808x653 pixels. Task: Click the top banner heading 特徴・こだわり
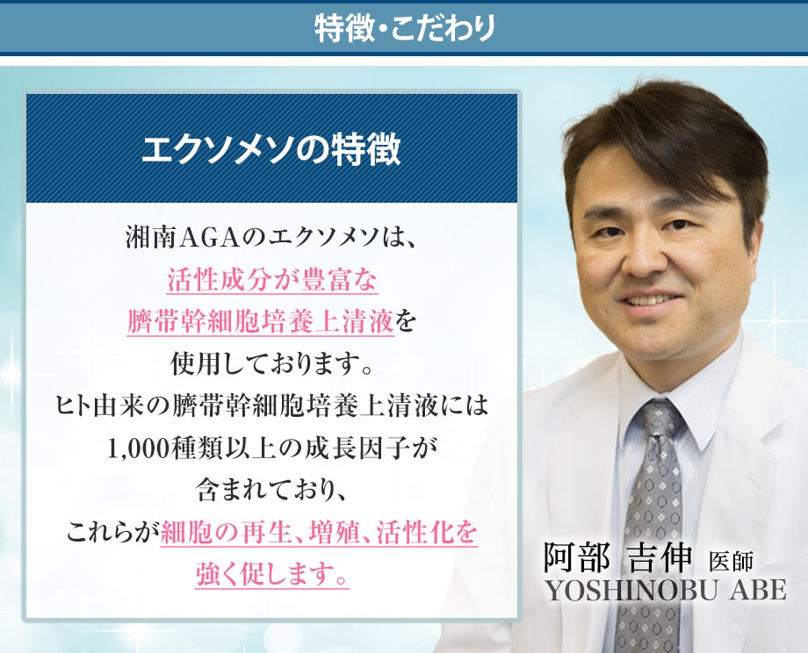[x=405, y=27]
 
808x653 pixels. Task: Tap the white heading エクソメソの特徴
[x=271, y=150]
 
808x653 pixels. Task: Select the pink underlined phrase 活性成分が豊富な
[x=272, y=280]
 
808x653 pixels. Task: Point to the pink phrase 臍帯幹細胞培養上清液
[x=260, y=322]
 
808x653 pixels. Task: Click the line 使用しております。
[x=271, y=364]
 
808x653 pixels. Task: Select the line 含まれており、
[x=272, y=492]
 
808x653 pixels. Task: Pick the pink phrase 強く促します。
[x=272, y=575]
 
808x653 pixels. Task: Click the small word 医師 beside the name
[x=731, y=562]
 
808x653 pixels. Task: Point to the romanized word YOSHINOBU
[x=631, y=590]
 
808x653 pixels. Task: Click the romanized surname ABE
[x=757, y=590]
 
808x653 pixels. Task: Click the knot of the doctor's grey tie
[x=658, y=422]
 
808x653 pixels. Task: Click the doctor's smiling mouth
[x=650, y=300]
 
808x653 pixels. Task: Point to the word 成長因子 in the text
[x=359, y=449]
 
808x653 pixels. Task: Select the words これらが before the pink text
[x=112, y=533]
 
